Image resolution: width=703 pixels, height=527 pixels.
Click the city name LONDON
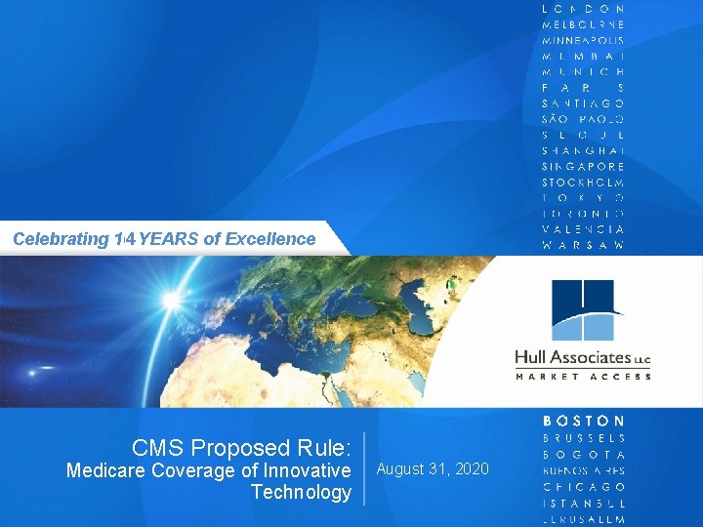tap(584, 9)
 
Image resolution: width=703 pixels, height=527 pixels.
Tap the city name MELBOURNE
tap(584, 24)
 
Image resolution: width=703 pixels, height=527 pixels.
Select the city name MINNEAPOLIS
tap(584, 40)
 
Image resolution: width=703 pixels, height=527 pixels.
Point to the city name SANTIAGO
tap(584, 102)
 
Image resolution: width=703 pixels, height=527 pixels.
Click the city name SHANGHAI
tap(584, 150)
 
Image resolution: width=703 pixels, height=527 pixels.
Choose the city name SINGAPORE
tap(584, 166)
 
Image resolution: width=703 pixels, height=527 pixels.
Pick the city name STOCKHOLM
tap(584, 182)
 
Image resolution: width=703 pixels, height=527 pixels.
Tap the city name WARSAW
tap(584, 245)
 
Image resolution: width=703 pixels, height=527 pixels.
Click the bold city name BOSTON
tap(584, 421)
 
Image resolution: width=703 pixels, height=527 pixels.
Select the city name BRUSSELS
tap(584, 438)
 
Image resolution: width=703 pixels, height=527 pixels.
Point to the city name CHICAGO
tap(584, 486)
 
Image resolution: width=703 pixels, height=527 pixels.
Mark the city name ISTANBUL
tap(584, 502)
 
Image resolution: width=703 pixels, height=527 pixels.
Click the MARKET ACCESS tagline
tap(583, 376)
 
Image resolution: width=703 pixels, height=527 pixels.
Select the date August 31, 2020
tap(433, 469)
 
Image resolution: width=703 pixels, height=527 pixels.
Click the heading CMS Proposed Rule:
tap(241, 448)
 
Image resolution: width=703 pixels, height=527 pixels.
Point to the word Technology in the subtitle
tap(301, 492)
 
